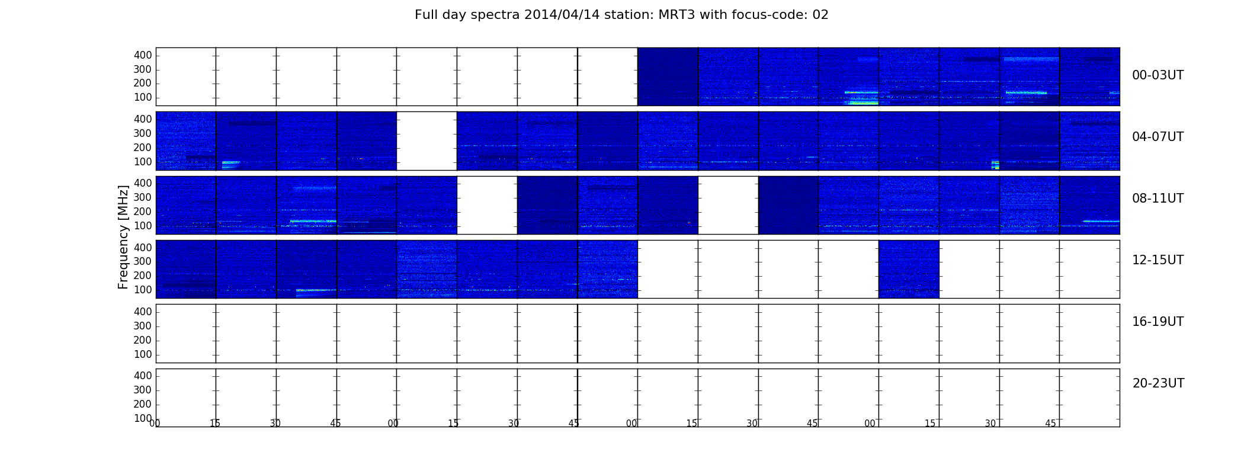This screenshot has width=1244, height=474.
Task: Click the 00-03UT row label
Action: (1158, 75)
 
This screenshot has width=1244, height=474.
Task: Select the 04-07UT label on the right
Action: (1158, 137)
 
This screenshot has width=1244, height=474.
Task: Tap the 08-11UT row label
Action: (1158, 198)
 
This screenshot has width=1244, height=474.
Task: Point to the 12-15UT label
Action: (1158, 260)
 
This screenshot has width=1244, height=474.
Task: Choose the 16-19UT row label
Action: (1158, 322)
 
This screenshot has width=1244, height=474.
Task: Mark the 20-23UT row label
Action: (1158, 383)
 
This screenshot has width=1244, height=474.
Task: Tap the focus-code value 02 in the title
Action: (820, 15)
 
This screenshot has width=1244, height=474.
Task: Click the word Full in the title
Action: (426, 15)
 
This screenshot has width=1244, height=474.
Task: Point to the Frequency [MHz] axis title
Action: (123, 237)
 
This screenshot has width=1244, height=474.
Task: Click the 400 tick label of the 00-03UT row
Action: (143, 55)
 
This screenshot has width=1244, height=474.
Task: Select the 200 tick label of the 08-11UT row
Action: (143, 212)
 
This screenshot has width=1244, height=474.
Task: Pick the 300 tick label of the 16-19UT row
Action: (143, 326)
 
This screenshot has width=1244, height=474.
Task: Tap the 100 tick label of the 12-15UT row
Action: (143, 290)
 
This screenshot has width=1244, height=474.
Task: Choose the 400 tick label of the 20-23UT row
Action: (143, 376)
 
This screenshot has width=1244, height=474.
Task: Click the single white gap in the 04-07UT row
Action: (427, 141)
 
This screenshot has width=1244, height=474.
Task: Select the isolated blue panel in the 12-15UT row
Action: (909, 269)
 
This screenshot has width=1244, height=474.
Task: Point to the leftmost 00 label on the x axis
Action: (155, 423)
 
